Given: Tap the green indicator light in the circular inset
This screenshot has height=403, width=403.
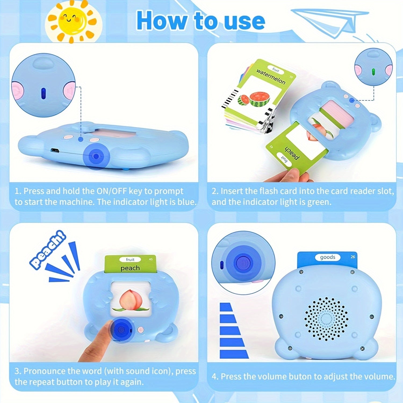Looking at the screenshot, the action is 373,72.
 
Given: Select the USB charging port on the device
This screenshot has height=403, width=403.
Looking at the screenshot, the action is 55,150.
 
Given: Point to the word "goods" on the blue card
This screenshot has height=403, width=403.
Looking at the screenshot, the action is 328,257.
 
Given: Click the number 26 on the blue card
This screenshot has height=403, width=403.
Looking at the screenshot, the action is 353,257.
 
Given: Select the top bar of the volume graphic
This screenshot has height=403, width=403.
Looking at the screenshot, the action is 226,307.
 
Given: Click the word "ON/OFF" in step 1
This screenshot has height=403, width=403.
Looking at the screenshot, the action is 111,191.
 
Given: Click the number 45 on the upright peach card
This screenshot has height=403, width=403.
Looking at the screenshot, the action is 150,259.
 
